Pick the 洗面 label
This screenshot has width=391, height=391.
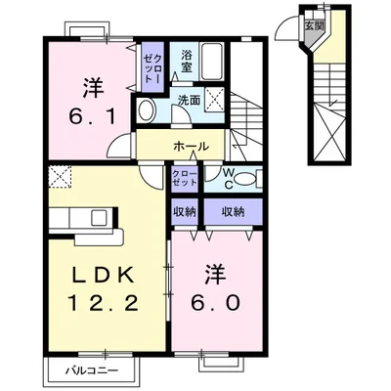tap(189, 101)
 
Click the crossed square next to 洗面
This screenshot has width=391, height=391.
tap(217, 98)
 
